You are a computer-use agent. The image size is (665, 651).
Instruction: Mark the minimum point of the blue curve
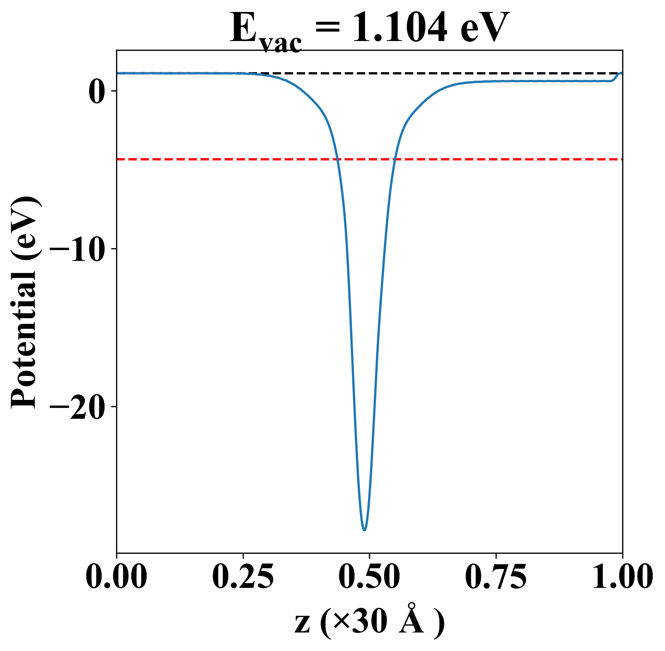pyautogui.click(x=364, y=530)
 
